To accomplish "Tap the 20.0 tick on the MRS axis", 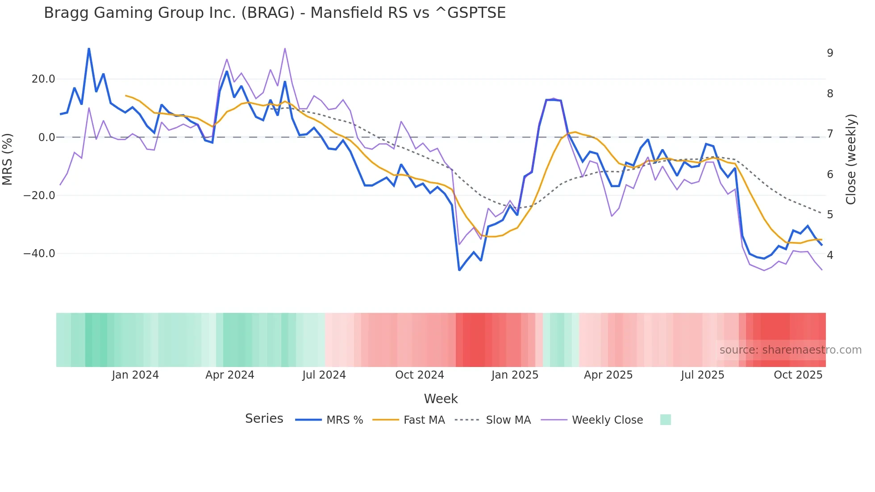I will (x=43, y=79).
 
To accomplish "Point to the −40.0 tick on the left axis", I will (x=39, y=254).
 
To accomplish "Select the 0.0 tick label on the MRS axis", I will (x=46, y=137).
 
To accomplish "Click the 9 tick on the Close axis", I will (x=830, y=53).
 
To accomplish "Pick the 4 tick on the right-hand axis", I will (x=830, y=255).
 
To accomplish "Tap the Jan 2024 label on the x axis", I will (x=135, y=375).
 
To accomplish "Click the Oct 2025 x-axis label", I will (x=798, y=375).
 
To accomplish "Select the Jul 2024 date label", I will (x=324, y=375).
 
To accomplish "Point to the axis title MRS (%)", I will (x=8, y=159).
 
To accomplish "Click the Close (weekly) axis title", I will (x=851, y=159).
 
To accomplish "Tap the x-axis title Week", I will (x=441, y=399).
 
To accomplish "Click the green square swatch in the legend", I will (x=665, y=420).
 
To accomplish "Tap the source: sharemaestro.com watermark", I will (x=790, y=350).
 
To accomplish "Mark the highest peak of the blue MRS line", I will (x=89, y=49).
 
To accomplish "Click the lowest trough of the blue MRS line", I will (x=459, y=270).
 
